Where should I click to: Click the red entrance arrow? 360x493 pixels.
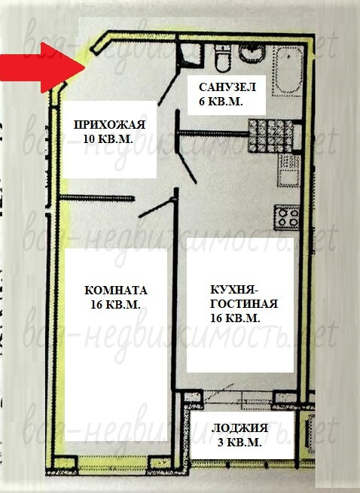(x=42, y=67)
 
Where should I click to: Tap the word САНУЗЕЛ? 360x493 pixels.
(x=227, y=87)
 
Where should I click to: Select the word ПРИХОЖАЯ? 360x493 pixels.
(x=109, y=124)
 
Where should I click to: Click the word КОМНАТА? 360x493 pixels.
(x=116, y=291)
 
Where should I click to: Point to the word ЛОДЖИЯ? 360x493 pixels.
(x=239, y=428)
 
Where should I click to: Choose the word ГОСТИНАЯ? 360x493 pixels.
(x=244, y=304)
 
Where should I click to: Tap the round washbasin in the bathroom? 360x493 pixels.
(x=252, y=53)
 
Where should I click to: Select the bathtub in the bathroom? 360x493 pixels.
(x=288, y=71)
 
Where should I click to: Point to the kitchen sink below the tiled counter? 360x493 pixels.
(x=288, y=170)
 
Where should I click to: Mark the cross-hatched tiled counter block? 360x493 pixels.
(x=270, y=136)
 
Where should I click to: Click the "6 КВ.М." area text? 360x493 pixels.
(x=221, y=102)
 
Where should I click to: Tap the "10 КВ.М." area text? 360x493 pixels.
(x=108, y=138)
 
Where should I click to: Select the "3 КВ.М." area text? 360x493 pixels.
(x=239, y=443)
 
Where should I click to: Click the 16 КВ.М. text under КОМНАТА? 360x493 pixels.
(x=115, y=304)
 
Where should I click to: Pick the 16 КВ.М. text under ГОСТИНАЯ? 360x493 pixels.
(x=235, y=318)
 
